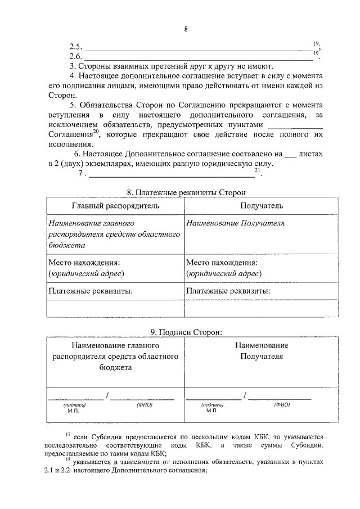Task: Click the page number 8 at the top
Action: coord(185,30)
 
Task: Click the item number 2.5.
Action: coord(75,47)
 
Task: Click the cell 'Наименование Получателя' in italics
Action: coord(235,223)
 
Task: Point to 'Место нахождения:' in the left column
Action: coord(84,263)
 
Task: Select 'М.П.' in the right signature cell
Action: coord(211,411)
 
